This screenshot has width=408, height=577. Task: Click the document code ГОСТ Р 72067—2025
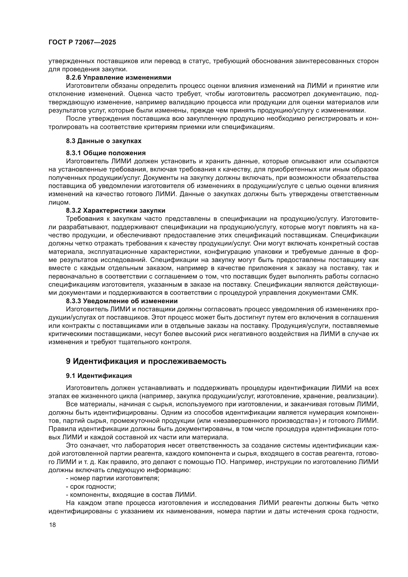(x=82, y=42)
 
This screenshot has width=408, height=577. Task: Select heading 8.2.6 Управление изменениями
(x=118, y=77)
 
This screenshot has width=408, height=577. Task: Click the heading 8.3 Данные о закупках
(x=104, y=141)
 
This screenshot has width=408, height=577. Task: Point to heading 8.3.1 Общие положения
(x=106, y=153)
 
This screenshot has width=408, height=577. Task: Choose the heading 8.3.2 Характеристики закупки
(x=115, y=210)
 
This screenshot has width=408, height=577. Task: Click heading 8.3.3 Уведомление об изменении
(x=122, y=301)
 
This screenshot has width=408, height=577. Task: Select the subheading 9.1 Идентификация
(x=99, y=376)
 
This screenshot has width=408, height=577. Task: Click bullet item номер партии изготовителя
(x=114, y=478)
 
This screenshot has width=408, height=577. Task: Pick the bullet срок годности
(x=93, y=486)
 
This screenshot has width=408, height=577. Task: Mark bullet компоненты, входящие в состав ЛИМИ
(x=133, y=495)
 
